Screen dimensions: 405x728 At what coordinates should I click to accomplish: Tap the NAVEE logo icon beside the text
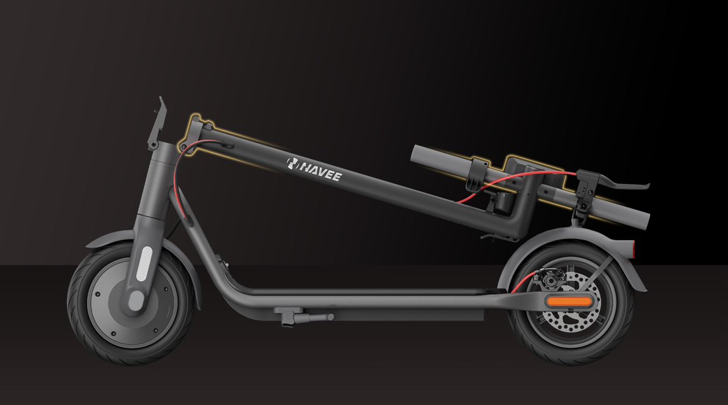point(292,162)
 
